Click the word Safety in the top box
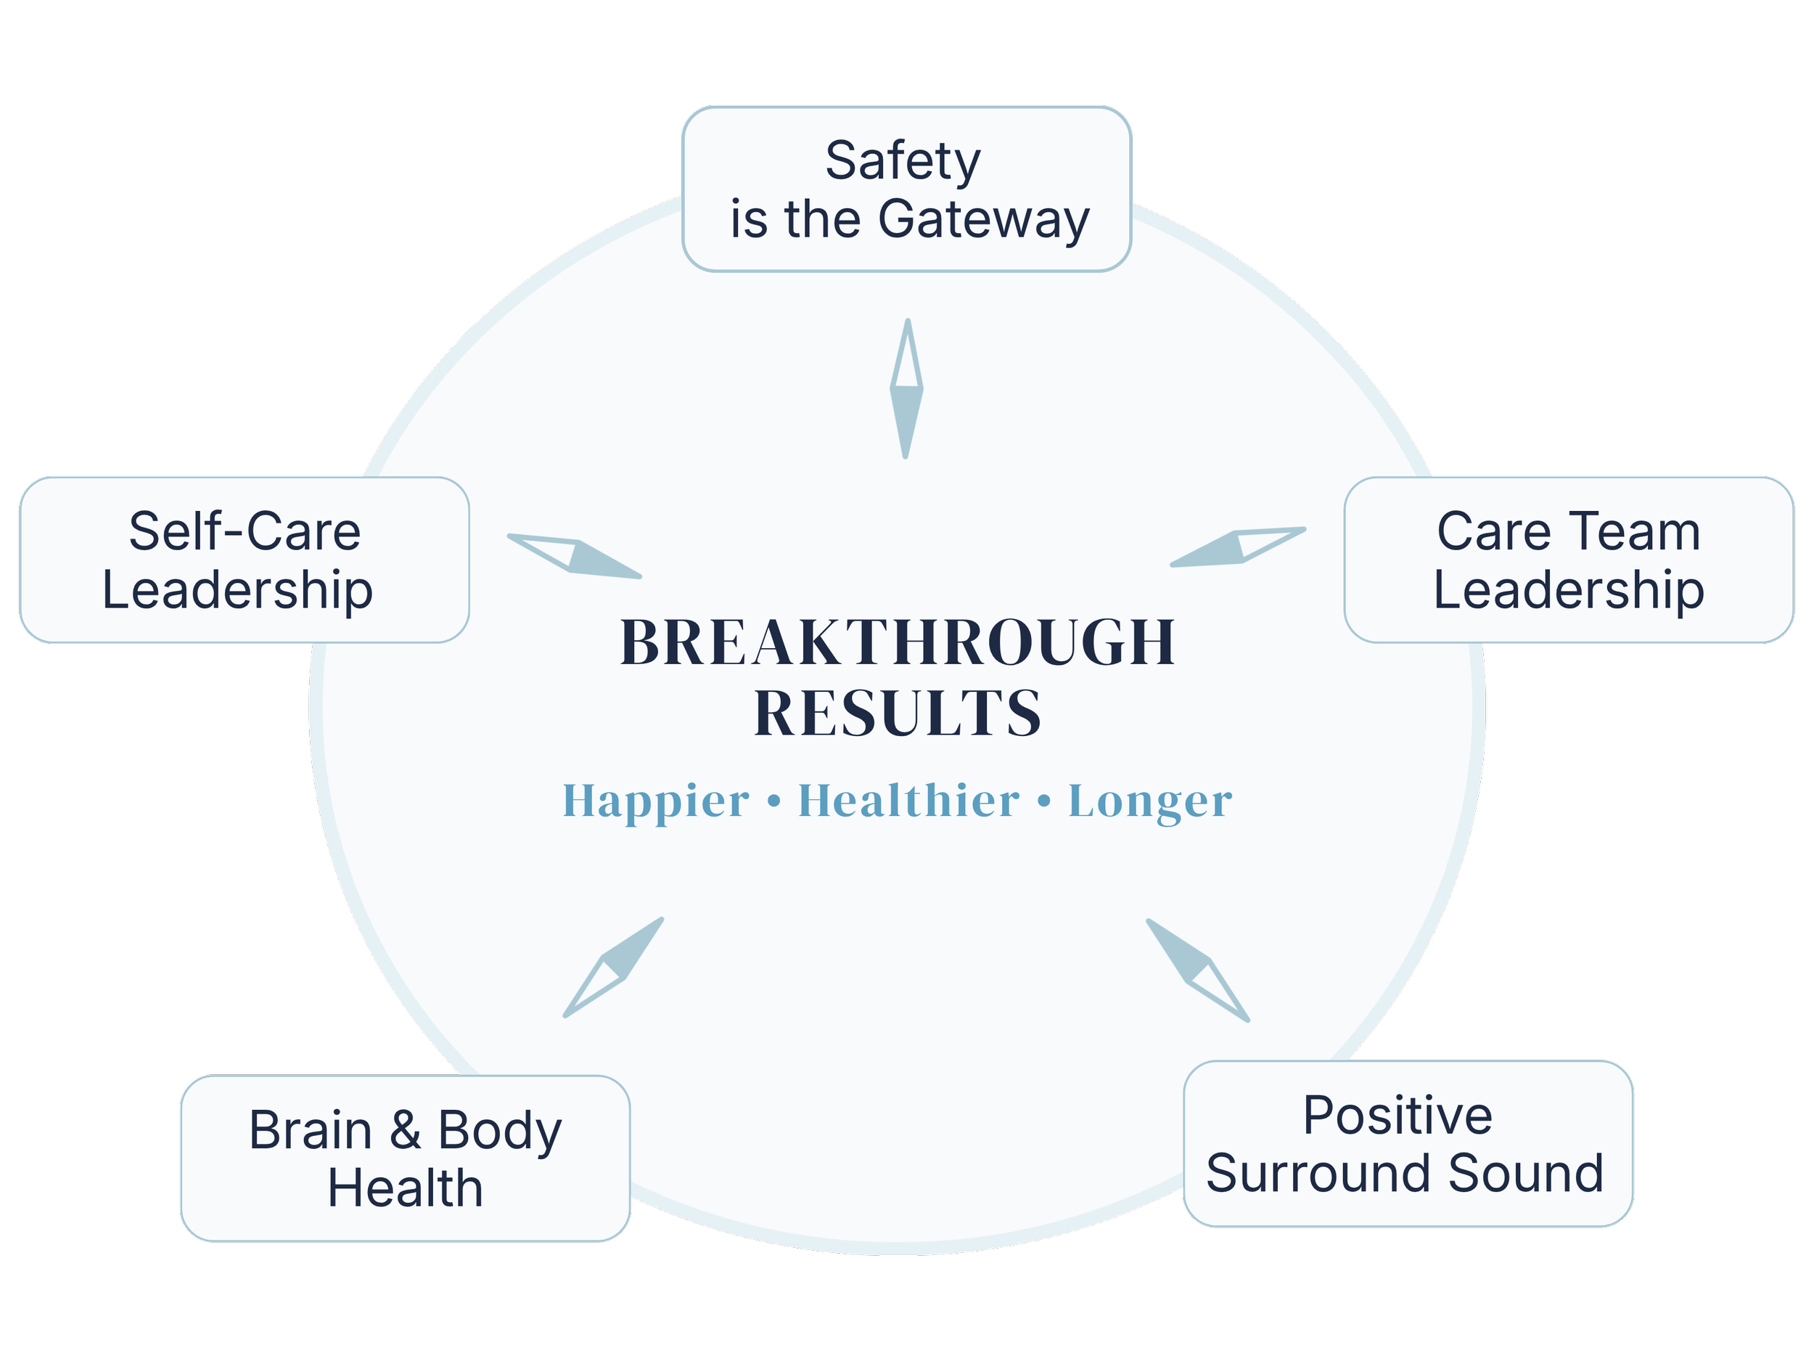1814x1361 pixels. pyautogui.click(x=902, y=162)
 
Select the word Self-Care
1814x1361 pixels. pyautogui.click(x=245, y=531)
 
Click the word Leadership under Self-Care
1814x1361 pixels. pyautogui.click(x=237, y=591)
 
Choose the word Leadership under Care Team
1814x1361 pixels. pyautogui.click(x=1569, y=591)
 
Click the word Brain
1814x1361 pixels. pyautogui.click(x=310, y=1130)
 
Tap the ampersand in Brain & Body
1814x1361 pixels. pyautogui.click(x=405, y=1130)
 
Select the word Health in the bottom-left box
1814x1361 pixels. pyautogui.click(x=405, y=1189)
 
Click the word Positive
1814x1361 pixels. pyautogui.click(x=1398, y=1116)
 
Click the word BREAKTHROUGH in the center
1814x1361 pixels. pyautogui.click(x=898, y=642)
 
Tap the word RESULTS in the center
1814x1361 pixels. pyautogui.click(x=898, y=713)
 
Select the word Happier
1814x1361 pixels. pyautogui.click(x=655, y=801)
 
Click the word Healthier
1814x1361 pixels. pyautogui.click(x=908, y=801)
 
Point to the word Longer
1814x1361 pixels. pyautogui.click(x=1150, y=801)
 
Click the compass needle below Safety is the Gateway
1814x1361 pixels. pyautogui.click(x=906, y=389)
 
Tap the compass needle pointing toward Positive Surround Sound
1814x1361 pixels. pyautogui.click(x=1198, y=970)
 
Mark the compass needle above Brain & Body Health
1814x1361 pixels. pyautogui.click(x=613, y=968)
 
